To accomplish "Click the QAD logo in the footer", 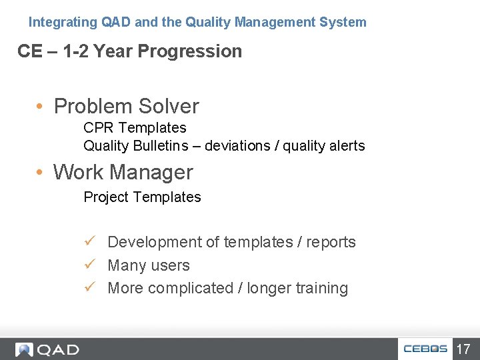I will click(47, 349).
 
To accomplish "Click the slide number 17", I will click(463, 349).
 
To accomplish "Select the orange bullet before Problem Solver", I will click(41, 107).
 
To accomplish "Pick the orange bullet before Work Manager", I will click(41, 173).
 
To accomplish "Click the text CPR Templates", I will click(135, 127).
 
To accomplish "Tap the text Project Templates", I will click(142, 197).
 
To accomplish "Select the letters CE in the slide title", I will click(29, 51).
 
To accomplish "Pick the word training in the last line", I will click(322, 288).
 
